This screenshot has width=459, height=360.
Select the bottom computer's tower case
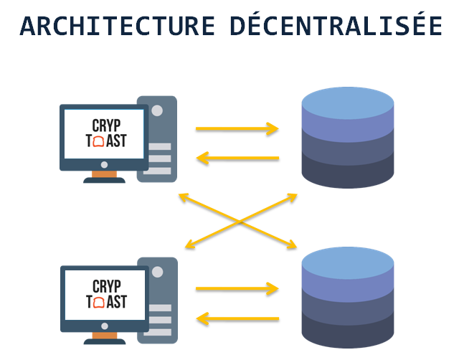pos(157,300)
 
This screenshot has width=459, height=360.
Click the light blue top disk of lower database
pos(348,264)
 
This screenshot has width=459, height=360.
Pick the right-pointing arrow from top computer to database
pos(237,130)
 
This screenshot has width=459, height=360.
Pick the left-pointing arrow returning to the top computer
pos(237,158)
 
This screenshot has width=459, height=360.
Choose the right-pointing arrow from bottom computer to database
pos(237,290)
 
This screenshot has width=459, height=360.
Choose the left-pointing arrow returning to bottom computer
pos(237,318)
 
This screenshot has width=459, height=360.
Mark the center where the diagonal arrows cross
pos(240,221)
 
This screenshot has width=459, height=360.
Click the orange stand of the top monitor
pos(104,173)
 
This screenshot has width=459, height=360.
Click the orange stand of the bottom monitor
pos(104,334)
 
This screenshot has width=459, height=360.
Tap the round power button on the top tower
pos(157,111)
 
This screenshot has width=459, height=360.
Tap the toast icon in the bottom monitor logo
pos(101,302)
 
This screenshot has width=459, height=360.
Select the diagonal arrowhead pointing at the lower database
pos(291,245)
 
